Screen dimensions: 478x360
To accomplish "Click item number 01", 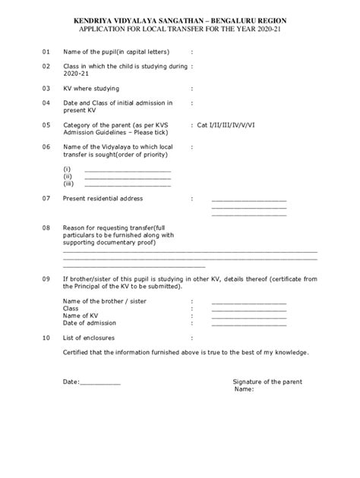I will (46, 52).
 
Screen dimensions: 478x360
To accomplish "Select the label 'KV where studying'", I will (92, 88).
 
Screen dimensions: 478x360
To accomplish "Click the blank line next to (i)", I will (128, 171).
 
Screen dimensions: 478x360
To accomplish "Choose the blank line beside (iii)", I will (128, 184).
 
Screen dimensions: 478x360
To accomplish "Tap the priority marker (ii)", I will (67, 177).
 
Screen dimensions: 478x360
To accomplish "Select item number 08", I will (46, 227).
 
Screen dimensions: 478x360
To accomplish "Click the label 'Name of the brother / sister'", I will (104, 301).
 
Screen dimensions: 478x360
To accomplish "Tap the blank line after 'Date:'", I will (100, 382).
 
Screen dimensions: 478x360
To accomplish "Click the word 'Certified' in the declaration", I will (77, 352).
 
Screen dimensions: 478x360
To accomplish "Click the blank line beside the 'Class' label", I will (249, 309).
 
